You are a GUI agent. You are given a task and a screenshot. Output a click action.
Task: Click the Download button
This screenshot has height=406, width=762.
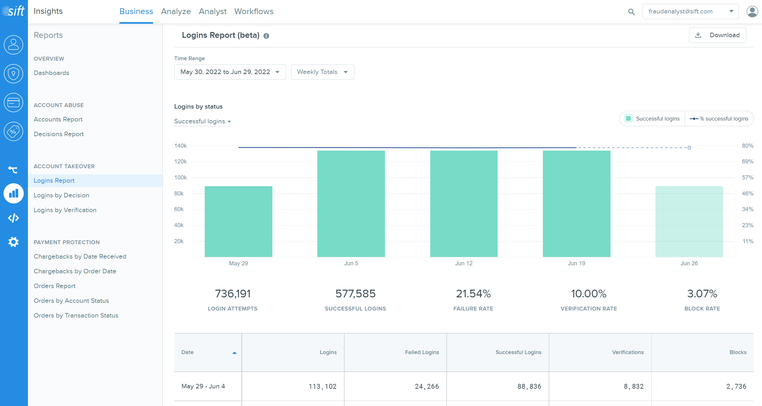[717, 35]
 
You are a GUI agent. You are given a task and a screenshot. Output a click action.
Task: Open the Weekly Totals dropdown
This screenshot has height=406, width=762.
[322, 72]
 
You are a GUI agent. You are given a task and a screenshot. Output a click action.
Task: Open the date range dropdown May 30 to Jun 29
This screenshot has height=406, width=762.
[230, 72]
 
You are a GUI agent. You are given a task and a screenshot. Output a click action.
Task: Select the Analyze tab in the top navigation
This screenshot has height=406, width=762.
[176, 12]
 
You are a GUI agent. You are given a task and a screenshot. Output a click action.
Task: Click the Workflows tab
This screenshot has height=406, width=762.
[254, 12]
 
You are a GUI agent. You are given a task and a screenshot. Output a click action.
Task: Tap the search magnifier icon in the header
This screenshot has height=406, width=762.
[631, 12]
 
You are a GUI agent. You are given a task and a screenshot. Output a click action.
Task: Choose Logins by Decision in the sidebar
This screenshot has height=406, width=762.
[61, 195]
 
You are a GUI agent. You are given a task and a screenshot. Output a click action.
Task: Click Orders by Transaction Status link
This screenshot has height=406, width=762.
[76, 315]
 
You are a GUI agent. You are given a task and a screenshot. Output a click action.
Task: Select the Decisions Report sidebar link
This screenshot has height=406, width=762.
[59, 134]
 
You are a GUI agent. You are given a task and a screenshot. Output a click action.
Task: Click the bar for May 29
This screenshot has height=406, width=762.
[238, 221]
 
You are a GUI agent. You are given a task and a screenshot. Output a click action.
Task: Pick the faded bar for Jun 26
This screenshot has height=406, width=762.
[689, 221]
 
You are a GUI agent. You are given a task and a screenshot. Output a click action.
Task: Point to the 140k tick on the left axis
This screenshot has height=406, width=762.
[180, 146]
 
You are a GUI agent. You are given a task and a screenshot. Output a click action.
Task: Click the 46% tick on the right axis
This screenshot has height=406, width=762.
[748, 194]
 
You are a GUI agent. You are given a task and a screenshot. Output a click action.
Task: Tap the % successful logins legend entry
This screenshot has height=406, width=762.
[719, 119]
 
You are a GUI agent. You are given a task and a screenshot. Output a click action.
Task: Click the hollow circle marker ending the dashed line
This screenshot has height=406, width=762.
[689, 148]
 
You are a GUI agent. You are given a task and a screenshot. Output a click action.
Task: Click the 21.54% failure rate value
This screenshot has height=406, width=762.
[473, 294]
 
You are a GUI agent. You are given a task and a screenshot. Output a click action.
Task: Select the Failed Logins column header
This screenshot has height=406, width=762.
[422, 352]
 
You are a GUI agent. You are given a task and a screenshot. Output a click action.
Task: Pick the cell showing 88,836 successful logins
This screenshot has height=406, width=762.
[529, 386]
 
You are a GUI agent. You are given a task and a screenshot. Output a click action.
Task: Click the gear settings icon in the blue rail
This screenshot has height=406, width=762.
[13, 242]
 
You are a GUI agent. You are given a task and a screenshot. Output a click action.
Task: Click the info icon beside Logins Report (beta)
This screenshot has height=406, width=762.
[266, 36]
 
